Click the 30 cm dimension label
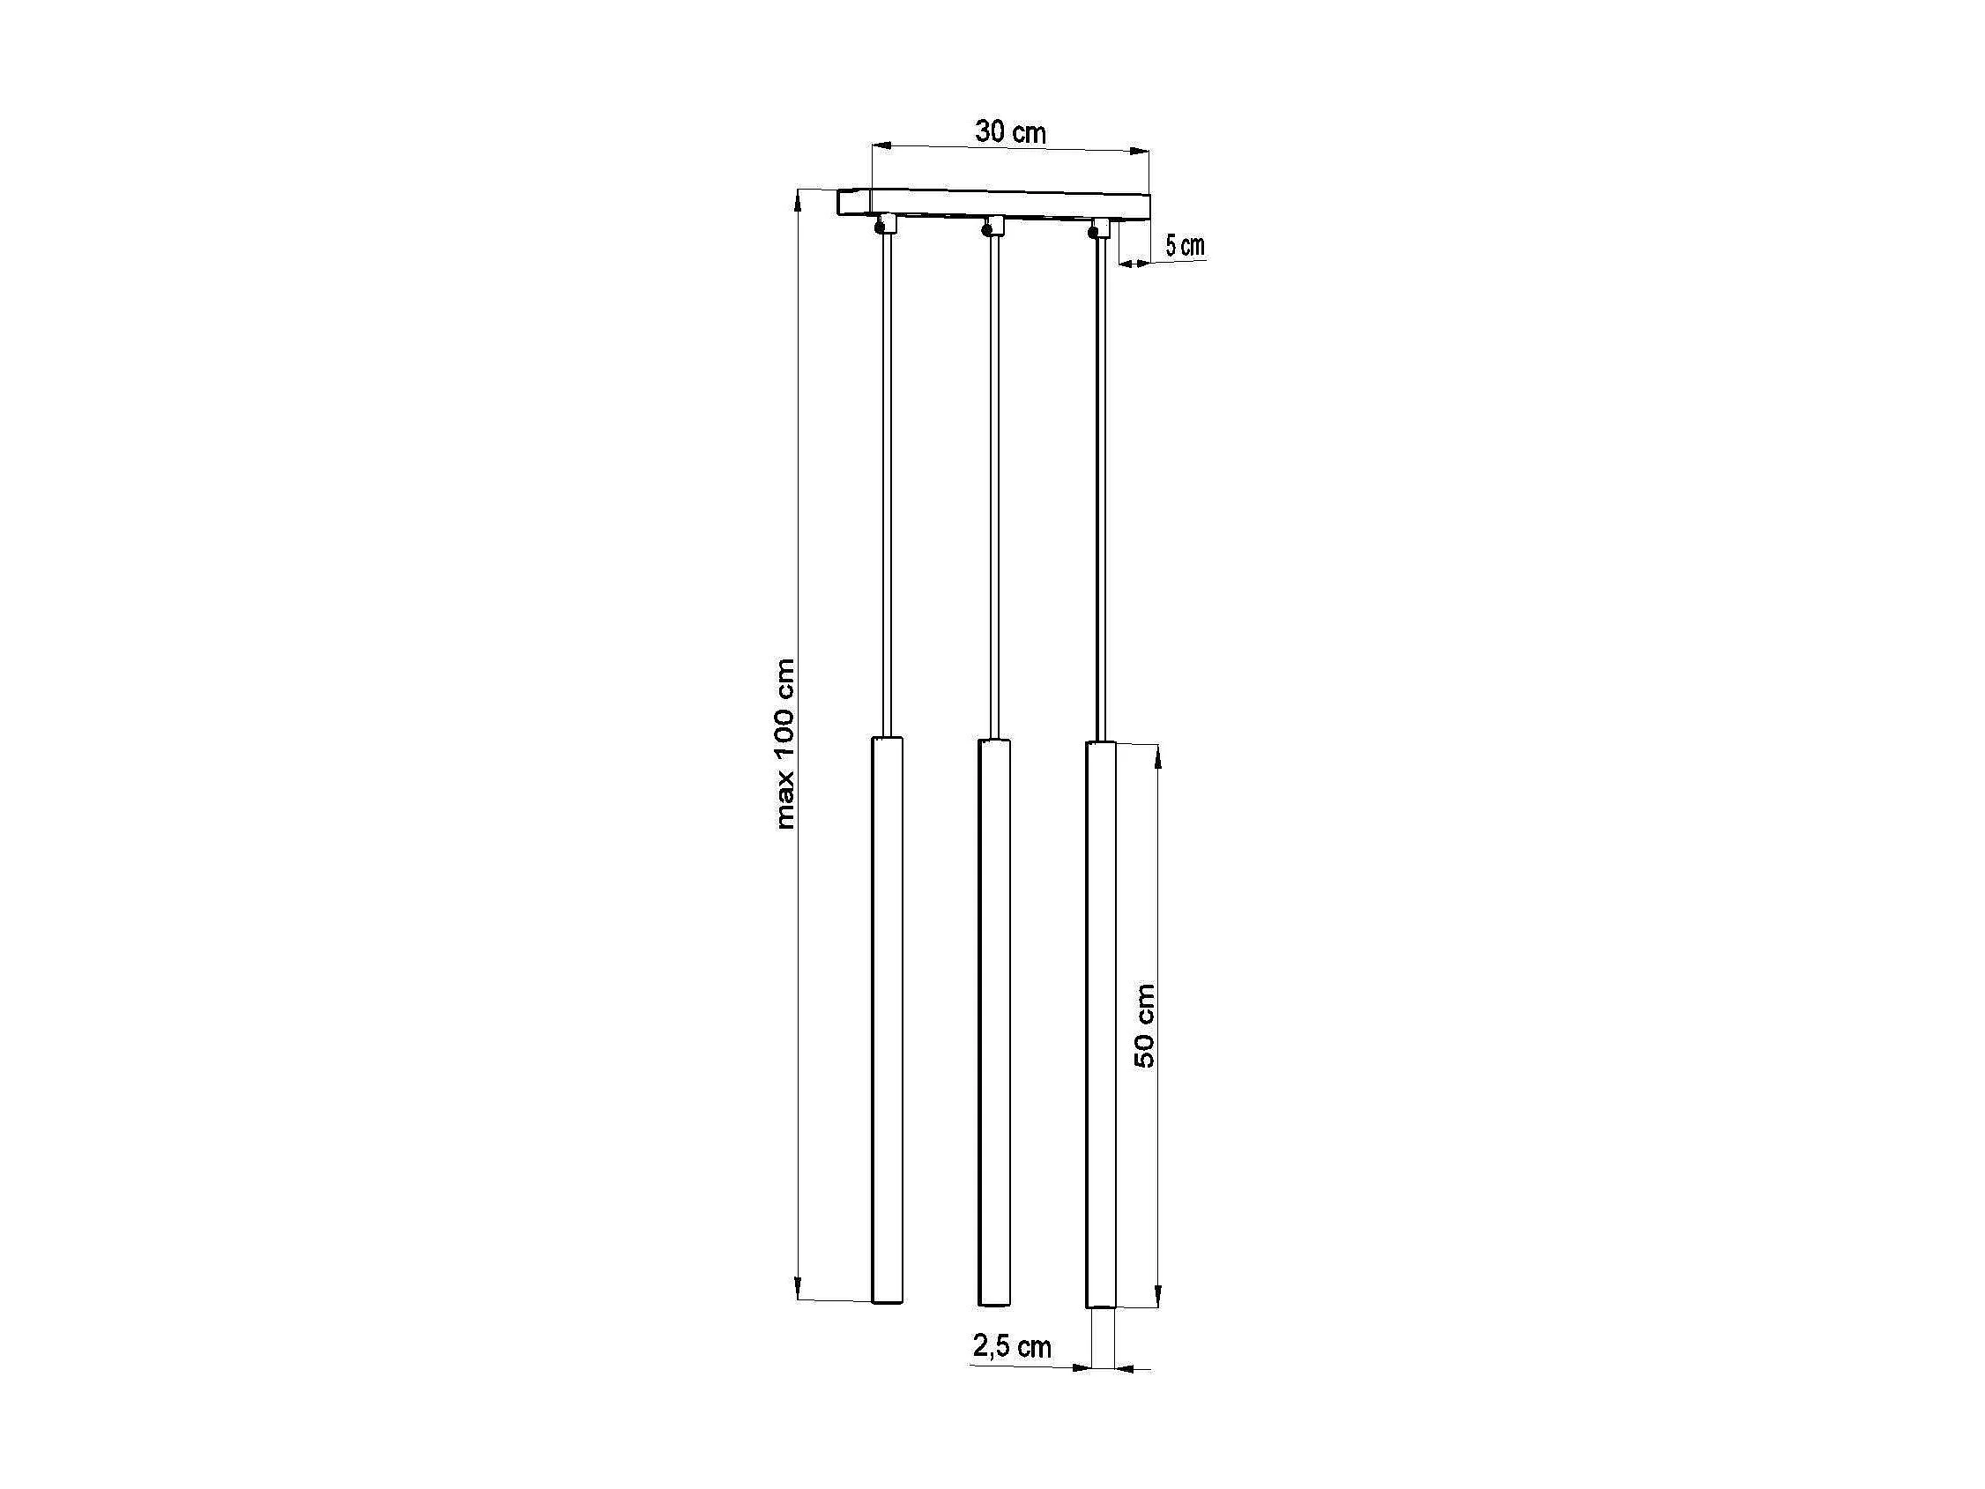pyautogui.click(x=1010, y=132)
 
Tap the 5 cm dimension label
pyautogui.click(x=1185, y=245)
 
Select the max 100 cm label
pyautogui.click(x=785, y=743)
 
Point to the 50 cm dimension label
pyautogui.click(x=1144, y=1025)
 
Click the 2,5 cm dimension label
pyautogui.click(x=1011, y=1346)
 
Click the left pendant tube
pyautogui.click(x=888, y=1019)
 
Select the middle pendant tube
pyautogui.click(x=993, y=1022)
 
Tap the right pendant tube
pyautogui.click(x=1100, y=1024)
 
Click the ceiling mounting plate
pyautogui.click(x=993, y=205)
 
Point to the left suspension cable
pyautogui.click(x=887, y=486)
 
